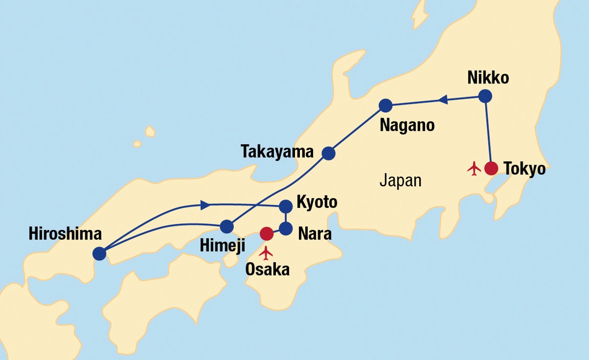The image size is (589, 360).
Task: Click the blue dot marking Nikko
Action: tap(485, 96)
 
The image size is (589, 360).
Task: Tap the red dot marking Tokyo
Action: tap(491, 168)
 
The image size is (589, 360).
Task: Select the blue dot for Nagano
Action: tap(385, 105)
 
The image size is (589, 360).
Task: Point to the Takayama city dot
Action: tap(328, 154)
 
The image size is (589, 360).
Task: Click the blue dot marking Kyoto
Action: tap(286, 206)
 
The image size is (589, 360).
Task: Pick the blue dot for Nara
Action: tap(286, 228)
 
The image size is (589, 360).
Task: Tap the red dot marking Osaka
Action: tap(267, 234)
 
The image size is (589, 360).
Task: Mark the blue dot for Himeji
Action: tap(226, 227)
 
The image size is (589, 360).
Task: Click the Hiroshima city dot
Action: tap(99, 254)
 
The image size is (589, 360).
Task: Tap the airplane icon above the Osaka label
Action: tap(267, 253)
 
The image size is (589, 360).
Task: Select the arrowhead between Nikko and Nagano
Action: tap(442, 101)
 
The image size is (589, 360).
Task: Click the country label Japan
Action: tap(400, 180)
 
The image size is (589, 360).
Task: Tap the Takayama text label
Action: tap(277, 152)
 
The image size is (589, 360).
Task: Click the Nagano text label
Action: tap(407, 126)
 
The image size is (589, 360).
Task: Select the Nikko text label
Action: tap(488, 77)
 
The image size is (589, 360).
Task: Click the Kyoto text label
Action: tap(317, 202)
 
